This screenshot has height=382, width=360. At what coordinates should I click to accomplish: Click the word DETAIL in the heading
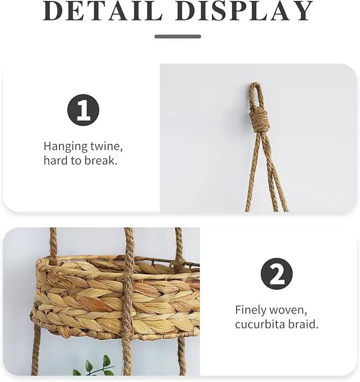pyautogui.click(x=102, y=11)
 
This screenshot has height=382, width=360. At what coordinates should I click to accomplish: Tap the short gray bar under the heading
pyautogui.click(x=178, y=37)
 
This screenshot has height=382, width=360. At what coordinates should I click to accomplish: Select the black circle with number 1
pyautogui.click(x=83, y=110)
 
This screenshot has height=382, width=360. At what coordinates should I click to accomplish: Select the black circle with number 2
pyautogui.click(x=277, y=274)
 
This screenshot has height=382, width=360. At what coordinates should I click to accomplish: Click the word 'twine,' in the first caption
pyautogui.click(x=107, y=146)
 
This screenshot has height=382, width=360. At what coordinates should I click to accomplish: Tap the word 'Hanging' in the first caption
pyautogui.click(x=66, y=147)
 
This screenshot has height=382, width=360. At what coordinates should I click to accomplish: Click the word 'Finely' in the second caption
pyautogui.click(x=251, y=310)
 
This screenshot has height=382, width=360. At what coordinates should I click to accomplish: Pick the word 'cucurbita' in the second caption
pyautogui.click(x=260, y=324)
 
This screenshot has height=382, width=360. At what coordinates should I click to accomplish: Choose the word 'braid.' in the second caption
pyautogui.click(x=303, y=324)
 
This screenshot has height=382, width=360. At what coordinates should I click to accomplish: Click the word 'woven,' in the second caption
pyautogui.click(x=288, y=310)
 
